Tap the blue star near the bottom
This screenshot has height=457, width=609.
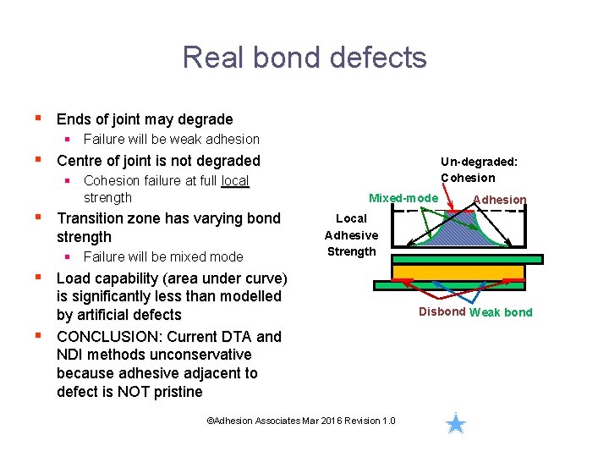456,423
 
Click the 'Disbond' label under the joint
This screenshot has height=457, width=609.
442,311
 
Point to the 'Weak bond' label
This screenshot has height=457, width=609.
501,312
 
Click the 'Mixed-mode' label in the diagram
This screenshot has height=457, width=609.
403,198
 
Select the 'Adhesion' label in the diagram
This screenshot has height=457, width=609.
499,200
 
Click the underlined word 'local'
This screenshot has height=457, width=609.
235,180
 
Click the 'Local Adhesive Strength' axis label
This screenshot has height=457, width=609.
351,234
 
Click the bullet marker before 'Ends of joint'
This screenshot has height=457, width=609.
37,118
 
